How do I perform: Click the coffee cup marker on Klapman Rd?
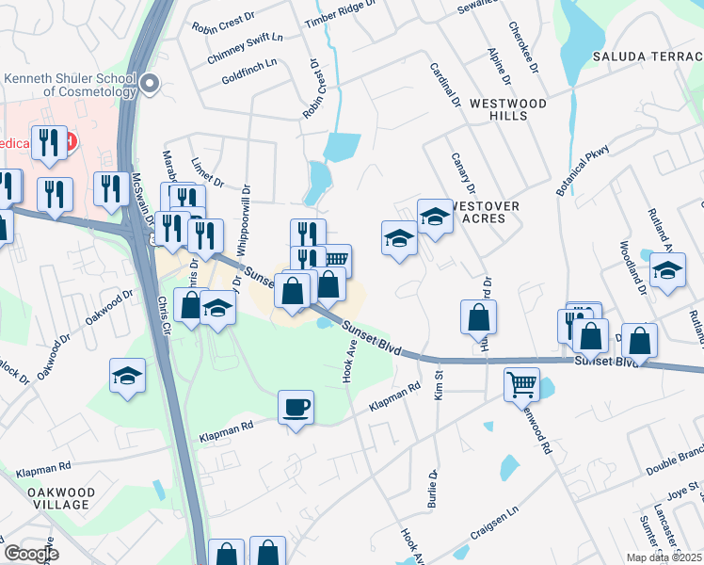tap(296, 408)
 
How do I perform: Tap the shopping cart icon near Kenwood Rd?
tap(521, 383)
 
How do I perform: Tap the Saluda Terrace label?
tap(648, 56)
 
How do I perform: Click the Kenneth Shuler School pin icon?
tap(149, 87)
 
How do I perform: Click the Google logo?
tap(31, 554)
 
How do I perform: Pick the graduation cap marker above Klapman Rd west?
tap(127, 376)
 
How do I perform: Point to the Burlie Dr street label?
tap(433, 490)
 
